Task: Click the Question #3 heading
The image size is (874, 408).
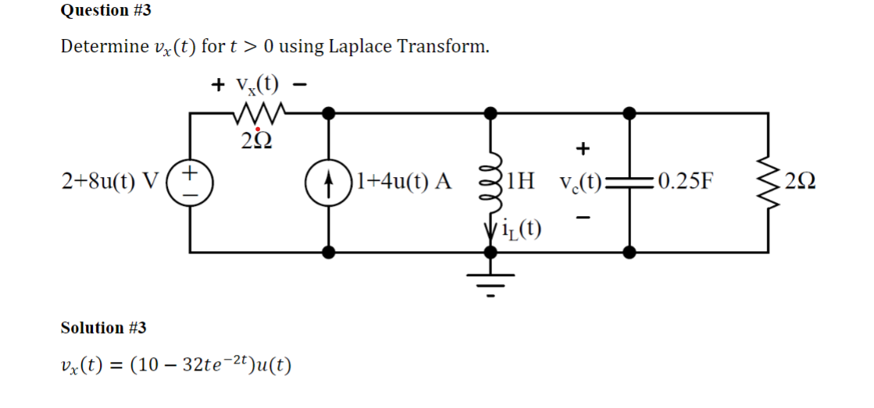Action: coord(95,10)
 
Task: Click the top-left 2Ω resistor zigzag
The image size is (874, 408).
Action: coord(259,114)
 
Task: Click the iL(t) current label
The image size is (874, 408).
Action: coord(525,229)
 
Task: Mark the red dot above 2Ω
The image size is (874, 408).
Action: coord(257,129)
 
